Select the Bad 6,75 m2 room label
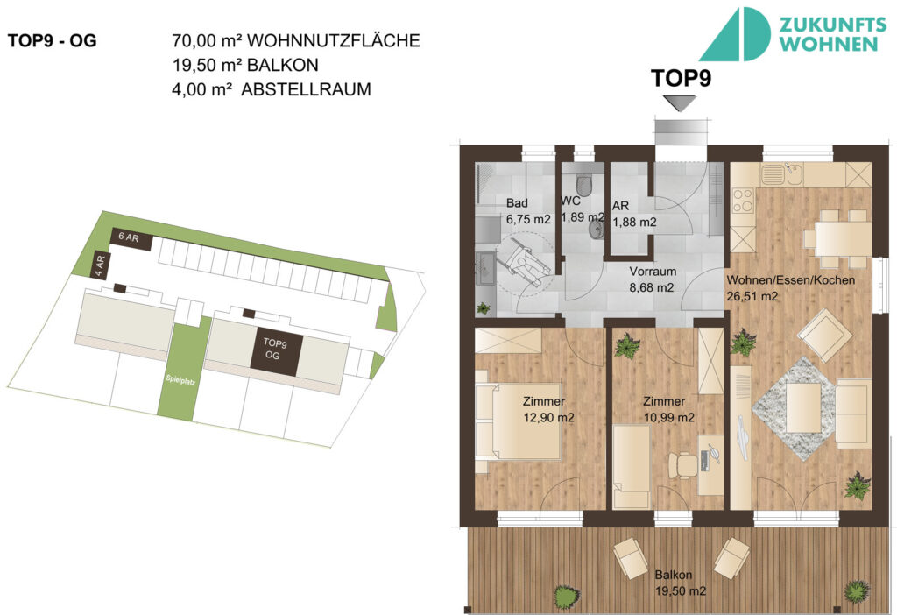(x=527, y=211)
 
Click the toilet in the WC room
(x=592, y=186)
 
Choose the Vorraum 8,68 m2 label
(x=652, y=279)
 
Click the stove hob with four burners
(x=743, y=200)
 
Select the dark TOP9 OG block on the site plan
(x=274, y=350)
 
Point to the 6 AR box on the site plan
(x=130, y=237)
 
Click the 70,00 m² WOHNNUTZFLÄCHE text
(x=297, y=40)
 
